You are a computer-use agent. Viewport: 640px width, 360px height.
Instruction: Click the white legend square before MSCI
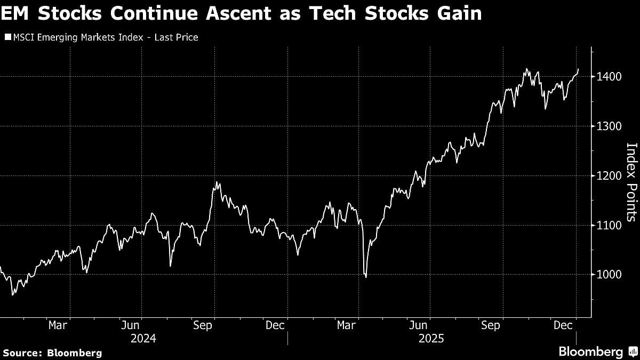click(x=7, y=37)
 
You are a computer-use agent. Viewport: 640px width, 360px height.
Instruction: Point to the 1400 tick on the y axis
click(x=608, y=77)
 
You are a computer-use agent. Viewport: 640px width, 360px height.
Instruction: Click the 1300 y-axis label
click(x=608, y=126)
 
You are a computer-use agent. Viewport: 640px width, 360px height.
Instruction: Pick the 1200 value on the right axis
click(x=608, y=175)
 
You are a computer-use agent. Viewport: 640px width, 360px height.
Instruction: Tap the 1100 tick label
click(x=608, y=225)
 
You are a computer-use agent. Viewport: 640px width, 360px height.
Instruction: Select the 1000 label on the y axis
click(x=608, y=275)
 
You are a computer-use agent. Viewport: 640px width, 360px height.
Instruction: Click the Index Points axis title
click(x=631, y=182)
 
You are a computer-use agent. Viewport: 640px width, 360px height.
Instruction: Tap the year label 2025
click(x=430, y=338)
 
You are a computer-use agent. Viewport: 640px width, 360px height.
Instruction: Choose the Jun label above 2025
click(x=418, y=325)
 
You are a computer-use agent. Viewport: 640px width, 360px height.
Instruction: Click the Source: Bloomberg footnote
click(x=52, y=353)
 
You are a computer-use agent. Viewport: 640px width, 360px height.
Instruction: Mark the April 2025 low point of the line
click(x=366, y=277)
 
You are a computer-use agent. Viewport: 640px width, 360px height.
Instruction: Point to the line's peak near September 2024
click(x=217, y=182)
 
